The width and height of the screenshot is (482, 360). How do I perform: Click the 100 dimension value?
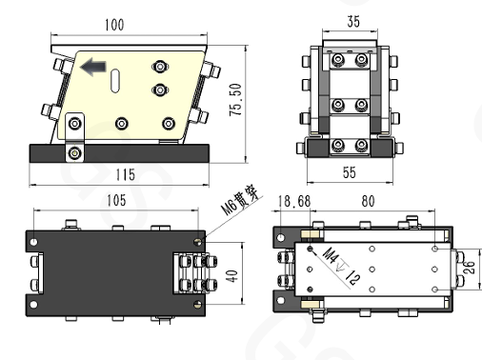(x=114, y=25)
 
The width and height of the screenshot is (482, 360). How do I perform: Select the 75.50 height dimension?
(x=235, y=100)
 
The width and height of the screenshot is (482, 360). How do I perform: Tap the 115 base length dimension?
(x=125, y=174)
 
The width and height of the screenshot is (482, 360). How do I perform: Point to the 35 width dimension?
(x=353, y=22)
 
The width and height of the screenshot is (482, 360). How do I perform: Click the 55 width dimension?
(x=350, y=172)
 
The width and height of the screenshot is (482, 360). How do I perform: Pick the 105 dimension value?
(x=116, y=201)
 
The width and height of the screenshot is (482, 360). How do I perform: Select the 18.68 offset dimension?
(x=294, y=202)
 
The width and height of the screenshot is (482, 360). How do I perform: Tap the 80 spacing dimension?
(x=368, y=201)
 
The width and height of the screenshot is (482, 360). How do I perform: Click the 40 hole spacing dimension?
(x=231, y=276)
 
